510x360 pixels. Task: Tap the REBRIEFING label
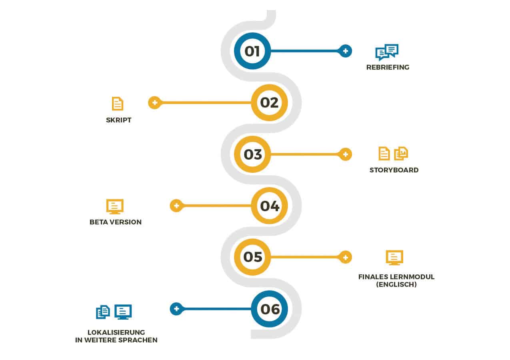coord(388,68)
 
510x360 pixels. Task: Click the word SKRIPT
coord(119,120)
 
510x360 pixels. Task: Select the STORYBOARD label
coord(394,170)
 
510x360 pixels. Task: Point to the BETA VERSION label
coord(116,222)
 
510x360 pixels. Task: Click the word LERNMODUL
coord(412,277)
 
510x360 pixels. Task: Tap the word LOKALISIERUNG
coord(116,332)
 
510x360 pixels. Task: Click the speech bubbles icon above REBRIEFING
coord(387,52)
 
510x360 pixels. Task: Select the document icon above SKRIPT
coord(118,104)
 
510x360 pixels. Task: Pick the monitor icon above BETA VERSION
coord(115,207)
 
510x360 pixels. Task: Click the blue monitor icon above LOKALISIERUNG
coord(123,312)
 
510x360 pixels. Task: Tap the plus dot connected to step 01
coord(345,51)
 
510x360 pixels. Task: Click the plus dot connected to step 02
coord(154,103)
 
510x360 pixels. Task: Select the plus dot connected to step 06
coord(176,309)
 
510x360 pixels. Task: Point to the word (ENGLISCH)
coord(396,285)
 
